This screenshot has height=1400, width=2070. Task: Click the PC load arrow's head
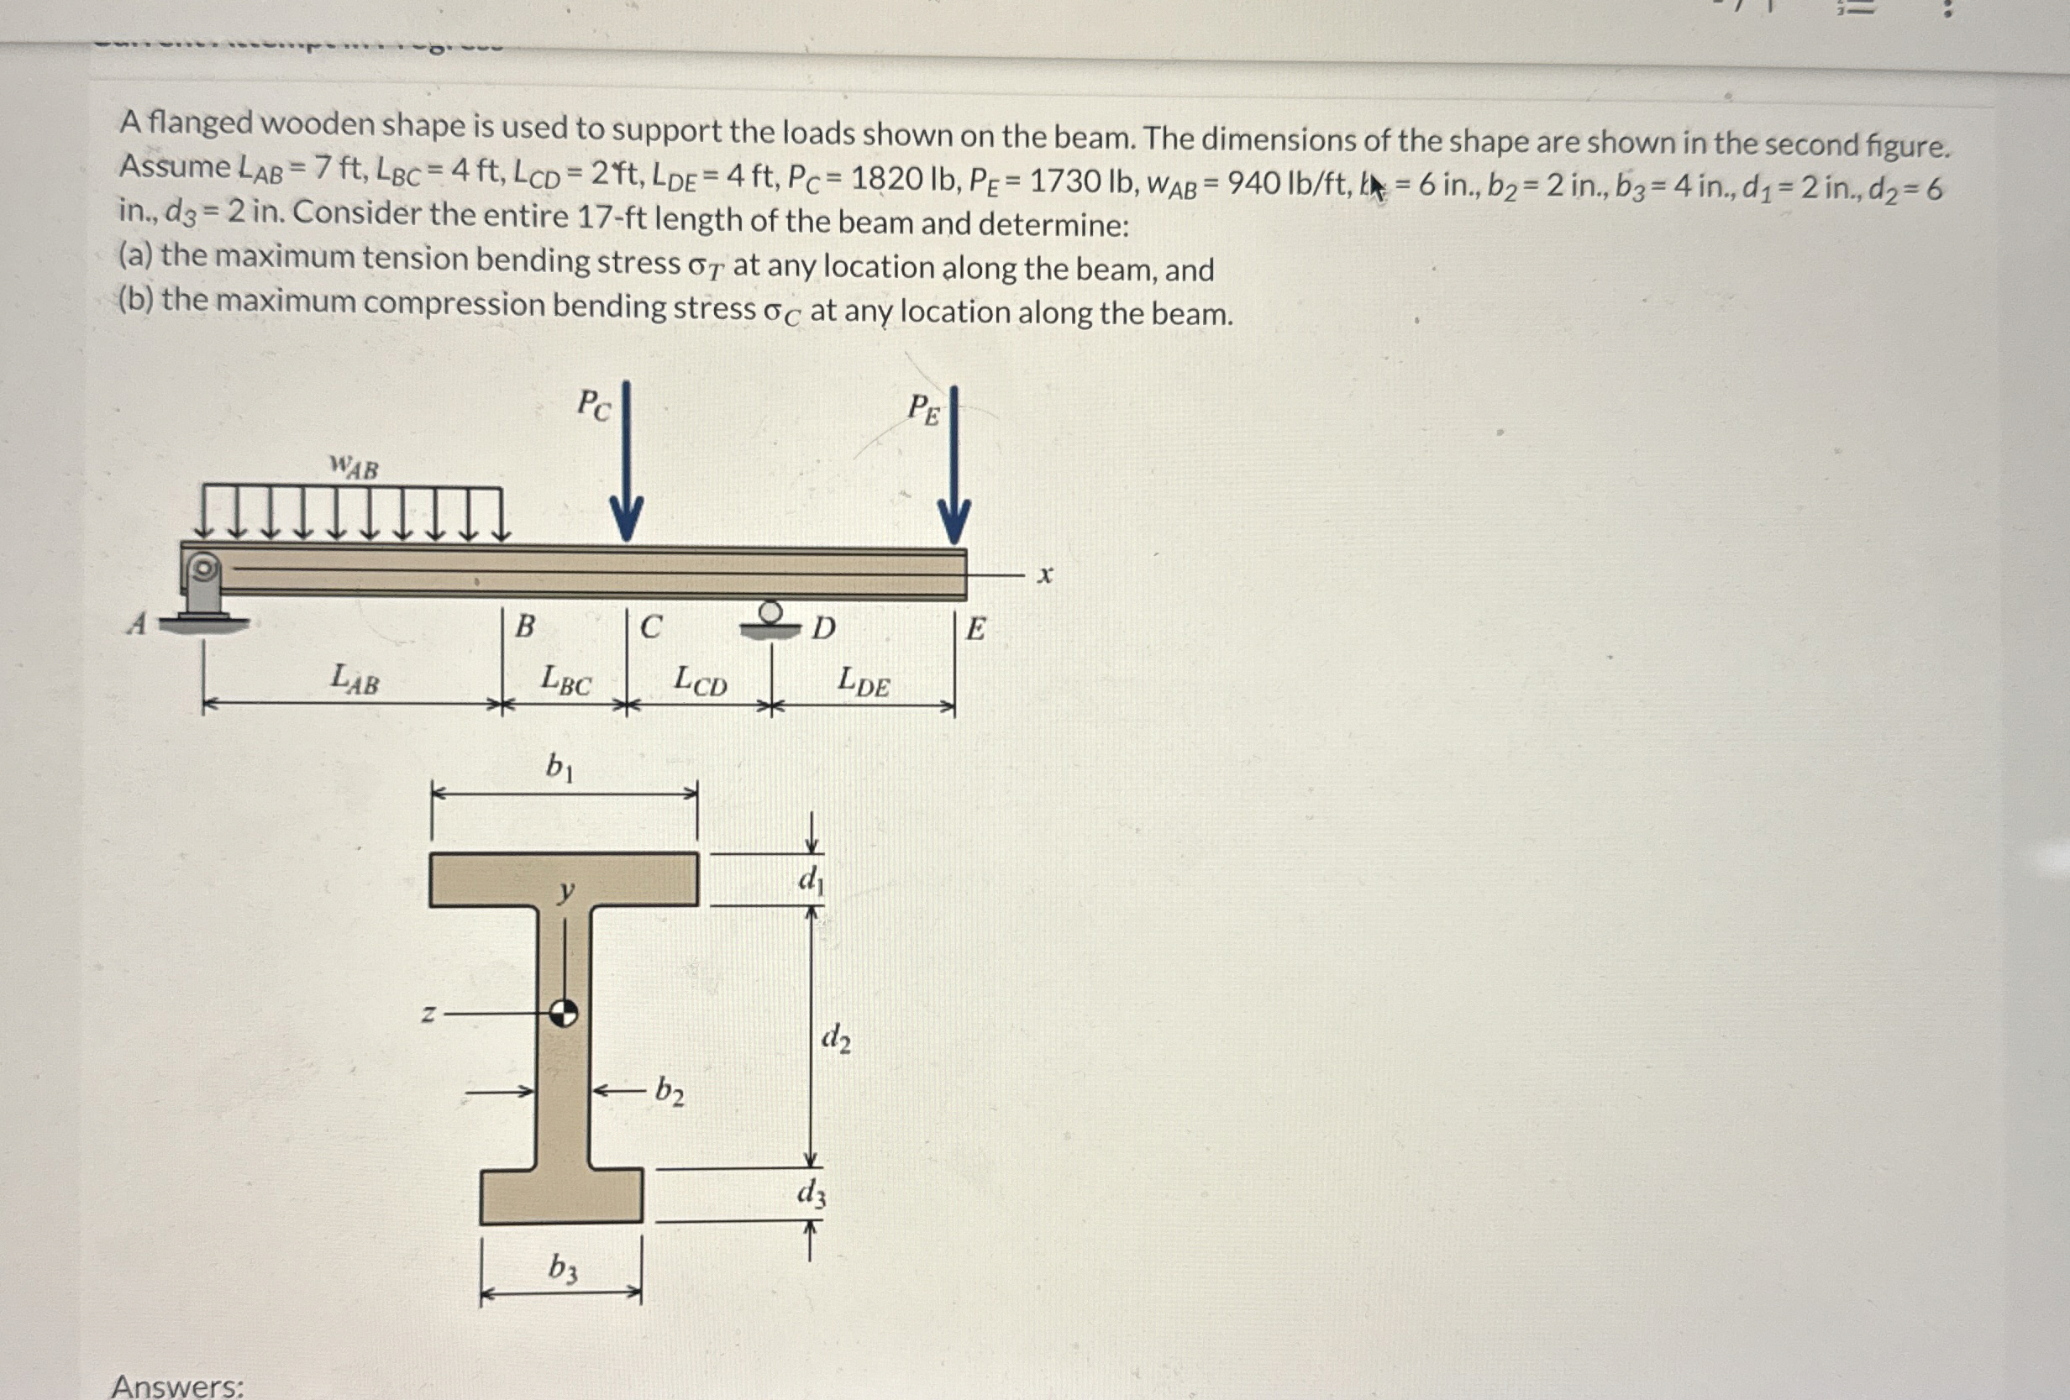pyautogui.click(x=626, y=521)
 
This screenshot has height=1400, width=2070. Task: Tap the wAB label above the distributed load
pyautogui.click(x=354, y=467)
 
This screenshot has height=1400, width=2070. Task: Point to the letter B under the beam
pyautogui.click(x=526, y=627)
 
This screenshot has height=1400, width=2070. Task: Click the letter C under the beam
pyautogui.click(x=651, y=627)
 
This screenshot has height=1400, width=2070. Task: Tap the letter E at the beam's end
pyautogui.click(x=976, y=630)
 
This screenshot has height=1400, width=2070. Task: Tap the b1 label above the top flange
pyautogui.click(x=559, y=766)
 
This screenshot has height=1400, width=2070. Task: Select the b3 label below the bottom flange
pyautogui.click(x=562, y=1267)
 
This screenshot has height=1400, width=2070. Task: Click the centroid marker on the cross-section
pyautogui.click(x=563, y=1013)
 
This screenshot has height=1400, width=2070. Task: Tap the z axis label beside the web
pyautogui.click(x=428, y=1014)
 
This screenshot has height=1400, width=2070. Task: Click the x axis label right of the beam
pyautogui.click(x=1045, y=575)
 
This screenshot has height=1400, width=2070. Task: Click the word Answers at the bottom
pyautogui.click(x=177, y=1386)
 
